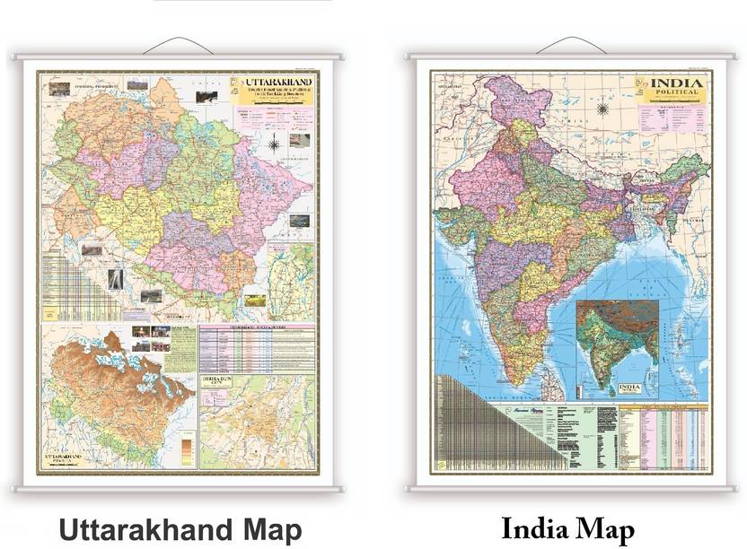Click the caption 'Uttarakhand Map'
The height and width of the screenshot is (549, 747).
click(x=180, y=527)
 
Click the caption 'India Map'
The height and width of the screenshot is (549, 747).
click(x=567, y=527)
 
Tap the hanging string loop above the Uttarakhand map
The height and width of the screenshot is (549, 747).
click(x=178, y=45)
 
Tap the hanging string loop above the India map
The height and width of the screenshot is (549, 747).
click(x=571, y=45)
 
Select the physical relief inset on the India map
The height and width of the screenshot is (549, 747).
click(x=617, y=342)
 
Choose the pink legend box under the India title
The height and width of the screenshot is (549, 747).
click(x=672, y=118)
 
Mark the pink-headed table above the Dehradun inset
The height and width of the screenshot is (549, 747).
click(x=255, y=348)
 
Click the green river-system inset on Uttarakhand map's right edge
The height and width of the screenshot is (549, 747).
click(x=293, y=274)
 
